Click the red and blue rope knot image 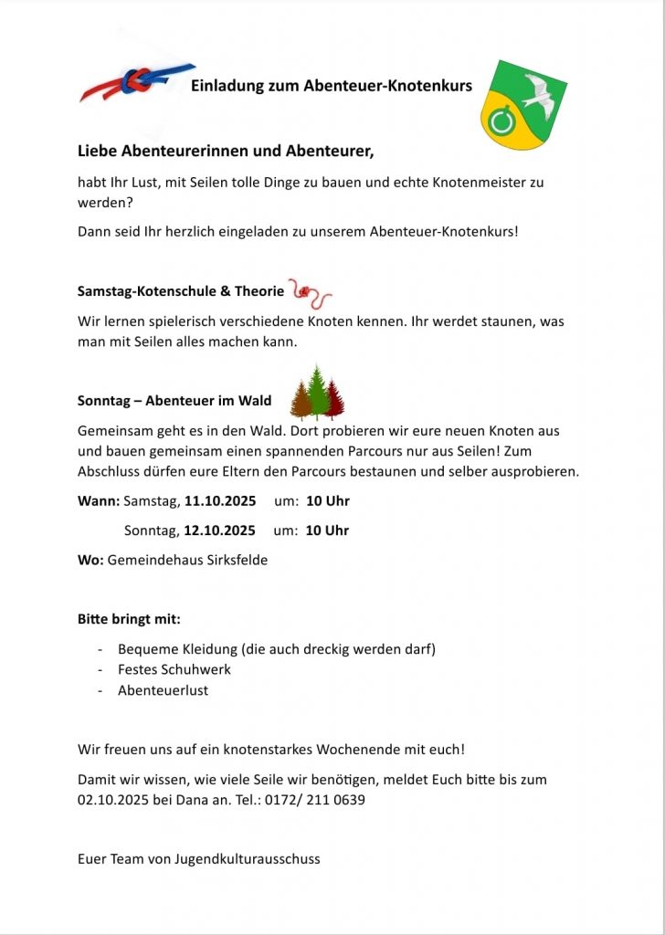coord(138,82)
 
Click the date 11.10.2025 coord(220,500)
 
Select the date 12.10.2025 coord(220,531)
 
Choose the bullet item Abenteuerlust coord(163,690)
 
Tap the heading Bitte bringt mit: coord(129,619)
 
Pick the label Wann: coord(99,500)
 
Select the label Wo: coord(90,560)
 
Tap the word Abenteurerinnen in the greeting coord(189,150)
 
